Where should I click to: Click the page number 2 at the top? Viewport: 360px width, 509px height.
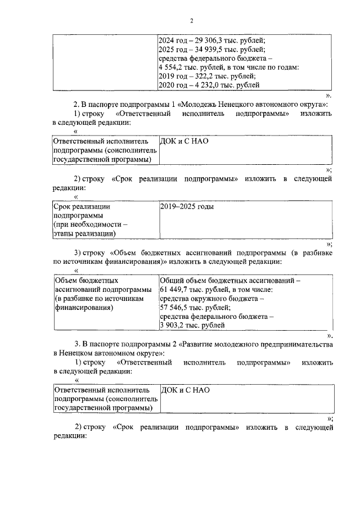point(191,21)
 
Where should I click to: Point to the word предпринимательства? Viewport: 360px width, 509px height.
point(296,344)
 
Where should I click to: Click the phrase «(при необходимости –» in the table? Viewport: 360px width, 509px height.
point(90,224)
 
